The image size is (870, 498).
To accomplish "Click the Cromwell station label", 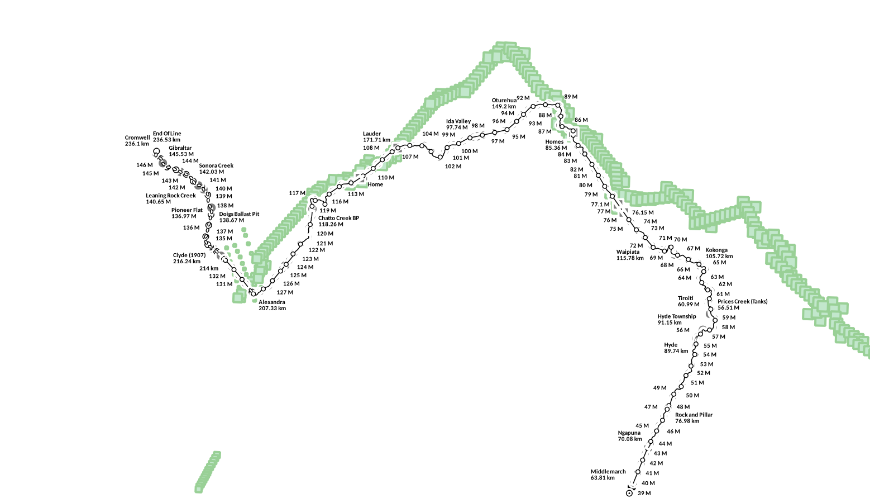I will point(137,141).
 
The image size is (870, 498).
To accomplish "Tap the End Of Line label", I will point(167,137).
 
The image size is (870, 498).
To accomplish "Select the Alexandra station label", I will point(272,305).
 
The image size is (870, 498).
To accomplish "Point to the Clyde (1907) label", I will point(189,258).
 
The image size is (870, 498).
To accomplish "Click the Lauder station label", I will point(376,137).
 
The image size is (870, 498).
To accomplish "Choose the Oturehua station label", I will point(504,103).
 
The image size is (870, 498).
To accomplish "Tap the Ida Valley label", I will point(458,124).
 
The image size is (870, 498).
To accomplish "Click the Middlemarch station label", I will point(608,475).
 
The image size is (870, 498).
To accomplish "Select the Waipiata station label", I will point(630,255).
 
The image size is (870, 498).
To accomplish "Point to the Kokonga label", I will point(719,253).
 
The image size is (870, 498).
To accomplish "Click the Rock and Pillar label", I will point(694,418).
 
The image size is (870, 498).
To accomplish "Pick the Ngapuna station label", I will point(629,436).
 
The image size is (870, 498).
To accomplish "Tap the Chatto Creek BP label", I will point(338,221).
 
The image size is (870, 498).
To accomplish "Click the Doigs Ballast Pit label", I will point(239,217).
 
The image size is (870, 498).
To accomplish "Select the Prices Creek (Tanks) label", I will point(742,305).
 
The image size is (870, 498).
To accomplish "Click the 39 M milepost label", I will point(644,494).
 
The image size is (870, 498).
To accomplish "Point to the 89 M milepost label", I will point(571,97).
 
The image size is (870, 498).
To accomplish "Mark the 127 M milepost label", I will point(285,292).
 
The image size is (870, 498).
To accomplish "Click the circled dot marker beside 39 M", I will point(629,493).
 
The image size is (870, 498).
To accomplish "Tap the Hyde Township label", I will point(676,319).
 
